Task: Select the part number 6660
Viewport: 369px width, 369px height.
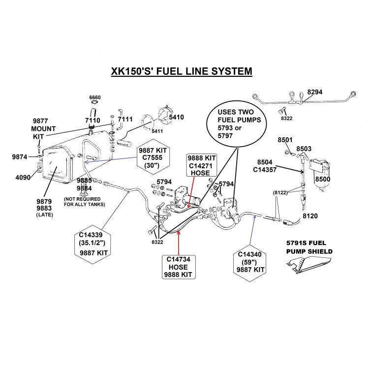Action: (x=95, y=97)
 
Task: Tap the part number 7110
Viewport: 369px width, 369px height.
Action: (x=92, y=120)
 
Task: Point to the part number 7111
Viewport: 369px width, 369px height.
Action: (x=125, y=120)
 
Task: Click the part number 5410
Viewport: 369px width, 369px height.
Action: (x=176, y=118)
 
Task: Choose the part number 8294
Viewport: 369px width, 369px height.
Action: (x=315, y=92)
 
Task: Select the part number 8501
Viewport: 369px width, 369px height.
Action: (x=285, y=140)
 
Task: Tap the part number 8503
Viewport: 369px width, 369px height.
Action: (x=304, y=149)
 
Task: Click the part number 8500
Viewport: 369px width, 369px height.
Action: (x=323, y=180)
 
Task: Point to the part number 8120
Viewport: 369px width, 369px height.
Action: (x=310, y=215)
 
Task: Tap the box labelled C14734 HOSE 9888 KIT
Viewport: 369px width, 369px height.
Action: (x=178, y=267)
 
